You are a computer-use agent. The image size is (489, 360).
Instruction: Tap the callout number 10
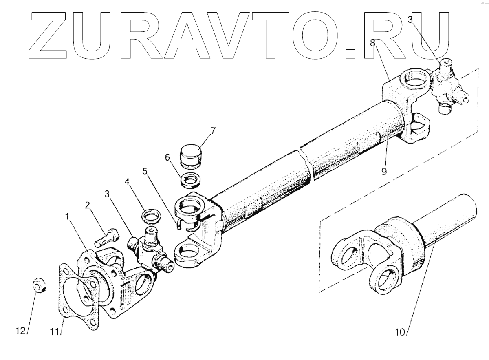click(x=401, y=332)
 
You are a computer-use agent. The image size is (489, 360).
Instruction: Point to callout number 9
click(x=384, y=171)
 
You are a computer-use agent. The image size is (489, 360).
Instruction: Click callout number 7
click(x=213, y=131)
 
